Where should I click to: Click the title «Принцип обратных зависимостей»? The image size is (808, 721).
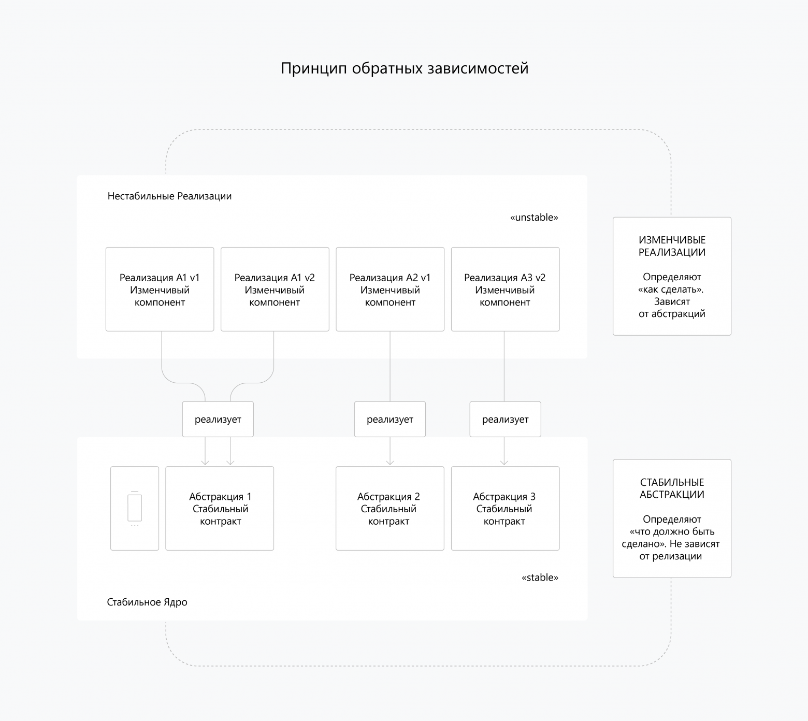405,68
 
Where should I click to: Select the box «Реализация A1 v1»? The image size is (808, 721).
160,289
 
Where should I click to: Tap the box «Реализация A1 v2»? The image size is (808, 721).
275,289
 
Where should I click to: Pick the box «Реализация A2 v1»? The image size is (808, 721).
390,289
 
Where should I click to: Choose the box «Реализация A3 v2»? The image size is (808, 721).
505,289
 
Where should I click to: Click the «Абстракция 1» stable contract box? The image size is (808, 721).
220,508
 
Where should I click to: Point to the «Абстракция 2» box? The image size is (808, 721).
389,508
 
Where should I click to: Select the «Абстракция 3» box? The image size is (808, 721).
505,508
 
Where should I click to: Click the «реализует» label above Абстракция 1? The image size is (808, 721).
218,420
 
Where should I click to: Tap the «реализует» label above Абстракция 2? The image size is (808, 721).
390,420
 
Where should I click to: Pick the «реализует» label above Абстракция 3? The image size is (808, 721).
505,420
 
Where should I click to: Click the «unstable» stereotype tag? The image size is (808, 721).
534,218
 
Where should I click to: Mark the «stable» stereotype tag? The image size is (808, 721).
540,578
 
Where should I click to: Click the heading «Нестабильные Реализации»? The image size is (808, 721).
169,196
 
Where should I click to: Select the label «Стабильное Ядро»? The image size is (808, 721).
147,602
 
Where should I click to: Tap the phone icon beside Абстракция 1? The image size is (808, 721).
135,508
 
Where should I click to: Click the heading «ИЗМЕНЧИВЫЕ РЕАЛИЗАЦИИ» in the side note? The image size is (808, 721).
672,246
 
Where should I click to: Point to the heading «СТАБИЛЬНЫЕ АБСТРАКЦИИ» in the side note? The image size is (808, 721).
672,488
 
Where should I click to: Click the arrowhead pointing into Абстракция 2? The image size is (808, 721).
390,462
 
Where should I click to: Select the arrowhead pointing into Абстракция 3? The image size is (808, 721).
504,462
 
